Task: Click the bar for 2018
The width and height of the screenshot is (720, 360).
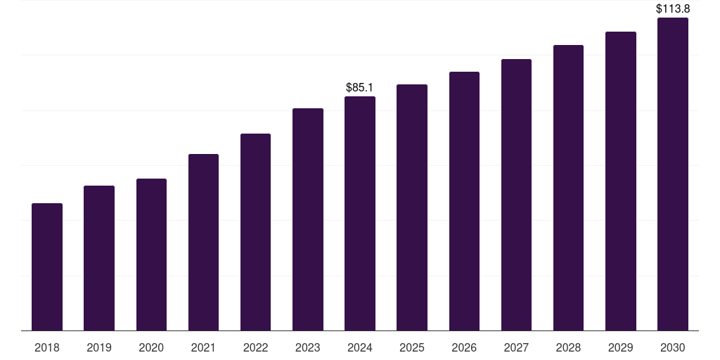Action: click(x=47, y=267)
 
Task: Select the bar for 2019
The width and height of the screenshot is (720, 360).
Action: click(x=99, y=258)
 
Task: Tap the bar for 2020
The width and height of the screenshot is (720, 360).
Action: click(x=151, y=255)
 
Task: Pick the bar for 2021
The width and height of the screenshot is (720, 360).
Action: click(x=203, y=243)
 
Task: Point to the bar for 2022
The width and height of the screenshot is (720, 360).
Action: click(x=255, y=232)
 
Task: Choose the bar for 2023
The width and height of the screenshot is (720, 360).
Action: click(x=308, y=219)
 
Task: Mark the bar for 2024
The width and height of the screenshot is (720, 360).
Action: click(x=360, y=214)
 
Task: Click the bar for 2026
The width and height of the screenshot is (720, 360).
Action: click(x=464, y=201)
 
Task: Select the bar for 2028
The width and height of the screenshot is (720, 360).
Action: click(x=568, y=188)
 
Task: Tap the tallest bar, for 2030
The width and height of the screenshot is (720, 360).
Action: click(x=673, y=174)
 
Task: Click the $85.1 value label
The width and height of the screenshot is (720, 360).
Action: click(x=360, y=88)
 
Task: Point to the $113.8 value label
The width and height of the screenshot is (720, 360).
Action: click(x=673, y=9)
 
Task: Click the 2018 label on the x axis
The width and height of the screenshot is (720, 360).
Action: click(x=47, y=347)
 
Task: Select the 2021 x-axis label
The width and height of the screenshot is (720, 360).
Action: click(x=203, y=347)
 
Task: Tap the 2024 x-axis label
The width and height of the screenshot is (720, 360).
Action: click(x=360, y=347)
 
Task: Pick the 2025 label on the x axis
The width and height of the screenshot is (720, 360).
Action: click(x=412, y=347)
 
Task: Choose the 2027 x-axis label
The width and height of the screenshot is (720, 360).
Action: click(x=516, y=347)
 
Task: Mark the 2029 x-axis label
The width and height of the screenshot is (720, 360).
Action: click(x=620, y=347)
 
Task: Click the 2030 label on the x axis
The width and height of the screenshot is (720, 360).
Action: click(x=673, y=347)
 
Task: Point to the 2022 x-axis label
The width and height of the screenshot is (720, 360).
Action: click(x=255, y=347)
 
